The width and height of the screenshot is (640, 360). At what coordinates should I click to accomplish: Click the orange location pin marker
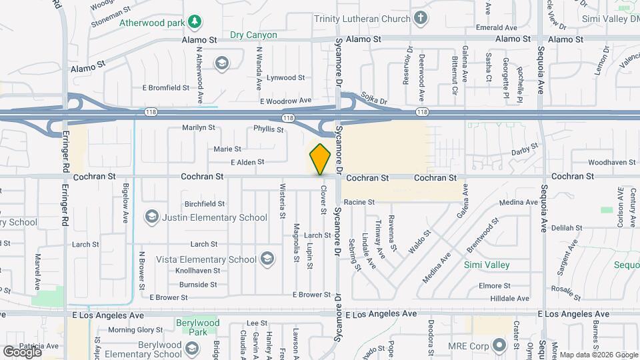[x=321, y=159]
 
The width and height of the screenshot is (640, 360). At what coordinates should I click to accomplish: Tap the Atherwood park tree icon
[x=195, y=22]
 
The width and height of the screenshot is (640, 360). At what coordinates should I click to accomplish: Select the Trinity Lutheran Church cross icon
[x=420, y=18]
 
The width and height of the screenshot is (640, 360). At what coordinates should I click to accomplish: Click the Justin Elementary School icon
[x=152, y=217]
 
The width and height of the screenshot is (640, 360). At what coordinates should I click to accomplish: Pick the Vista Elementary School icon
[x=267, y=259]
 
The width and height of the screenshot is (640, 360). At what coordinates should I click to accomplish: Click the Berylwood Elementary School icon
[x=192, y=349]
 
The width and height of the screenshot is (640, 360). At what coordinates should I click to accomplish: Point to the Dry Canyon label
[x=253, y=35]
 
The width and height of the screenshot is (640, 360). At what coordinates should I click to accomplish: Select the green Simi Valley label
[x=486, y=265]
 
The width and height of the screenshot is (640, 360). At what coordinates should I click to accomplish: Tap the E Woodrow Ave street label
[x=285, y=101]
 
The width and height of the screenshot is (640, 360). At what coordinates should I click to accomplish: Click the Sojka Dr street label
[x=373, y=99]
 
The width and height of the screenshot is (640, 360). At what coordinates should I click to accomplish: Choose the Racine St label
[x=359, y=201]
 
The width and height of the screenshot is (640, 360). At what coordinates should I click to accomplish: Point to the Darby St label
[x=525, y=151]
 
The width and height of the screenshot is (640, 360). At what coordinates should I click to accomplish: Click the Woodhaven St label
[x=611, y=162]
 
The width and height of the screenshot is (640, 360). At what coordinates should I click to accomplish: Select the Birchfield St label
[x=204, y=203]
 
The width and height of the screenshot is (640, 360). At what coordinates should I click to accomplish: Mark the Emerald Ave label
[x=497, y=28]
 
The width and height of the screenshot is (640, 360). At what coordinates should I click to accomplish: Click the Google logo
[x=22, y=351]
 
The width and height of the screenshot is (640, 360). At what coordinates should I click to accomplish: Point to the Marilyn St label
[x=199, y=127]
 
